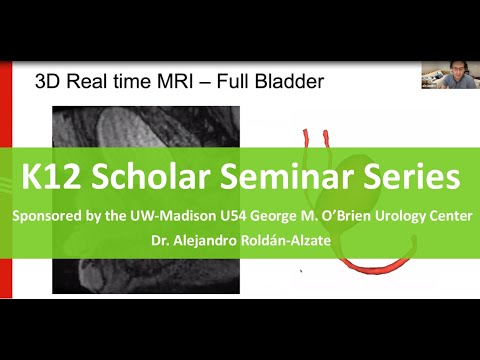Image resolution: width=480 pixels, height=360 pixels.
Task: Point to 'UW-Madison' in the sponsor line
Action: (x=162, y=216)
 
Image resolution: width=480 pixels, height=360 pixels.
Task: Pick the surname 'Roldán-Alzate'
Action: (x=296, y=239)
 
